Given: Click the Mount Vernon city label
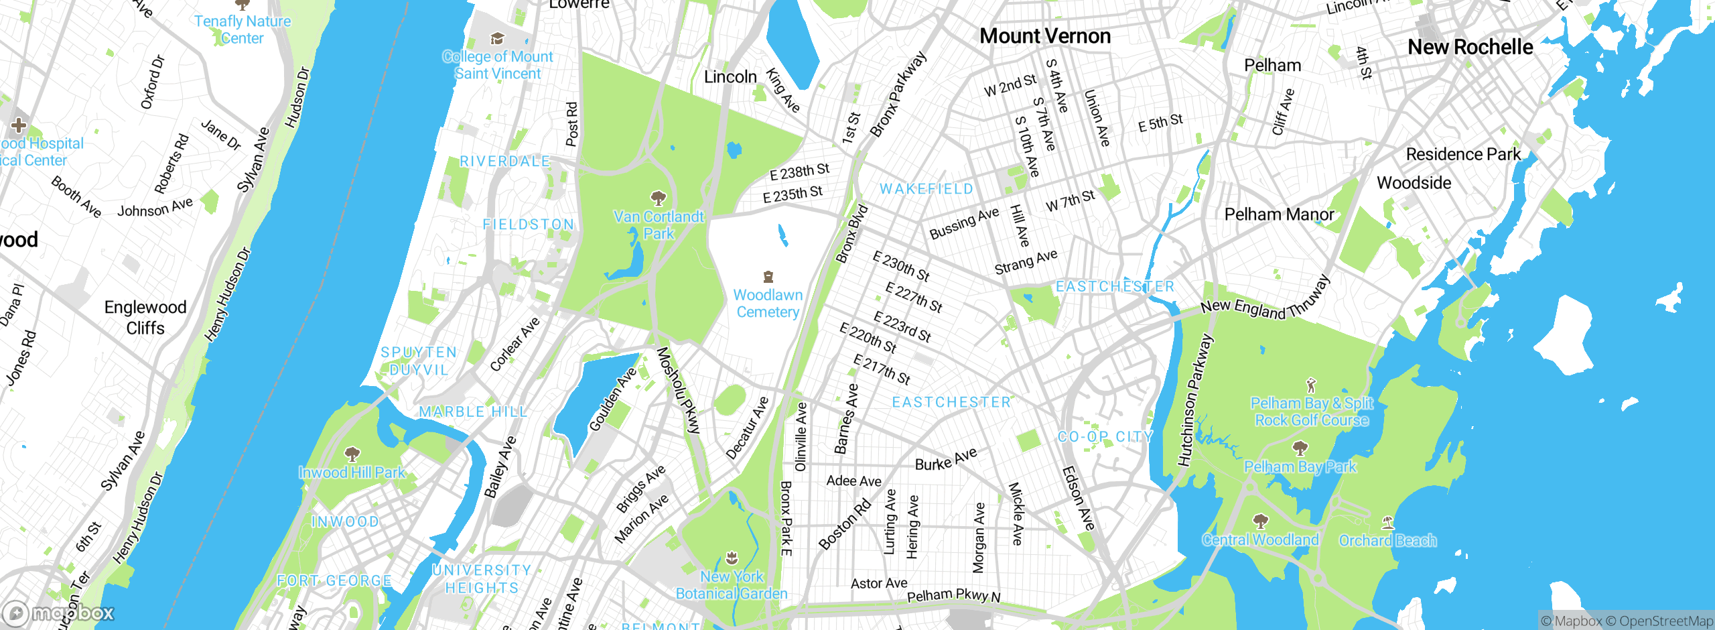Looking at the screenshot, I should (x=1045, y=36).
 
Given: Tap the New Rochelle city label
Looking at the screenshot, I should (x=1470, y=47).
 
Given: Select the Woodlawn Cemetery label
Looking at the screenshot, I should (x=768, y=304).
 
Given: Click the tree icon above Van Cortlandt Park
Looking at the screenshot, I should (x=659, y=198).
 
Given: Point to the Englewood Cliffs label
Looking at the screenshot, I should (x=145, y=318).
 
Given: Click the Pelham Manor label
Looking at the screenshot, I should (x=1279, y=214).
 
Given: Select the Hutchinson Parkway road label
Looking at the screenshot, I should (x=1195, y=401).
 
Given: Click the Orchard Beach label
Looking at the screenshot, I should (x=1387, y=540).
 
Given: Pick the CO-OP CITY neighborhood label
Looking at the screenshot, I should (x=1105, y=437).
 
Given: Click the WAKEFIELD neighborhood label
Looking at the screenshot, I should (x=927, y=189).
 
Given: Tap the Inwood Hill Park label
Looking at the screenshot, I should (x=352, y=472).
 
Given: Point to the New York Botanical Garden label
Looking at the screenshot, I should (x=732, y=585).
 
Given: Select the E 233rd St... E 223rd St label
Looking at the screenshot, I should (x=902, y=326).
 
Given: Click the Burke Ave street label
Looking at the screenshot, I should (x=946, y=460).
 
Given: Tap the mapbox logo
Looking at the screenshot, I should (x=59, y=613).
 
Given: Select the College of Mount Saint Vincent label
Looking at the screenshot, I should (x=498, y=65).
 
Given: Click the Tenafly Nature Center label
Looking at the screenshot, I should (x=243, y=29).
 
